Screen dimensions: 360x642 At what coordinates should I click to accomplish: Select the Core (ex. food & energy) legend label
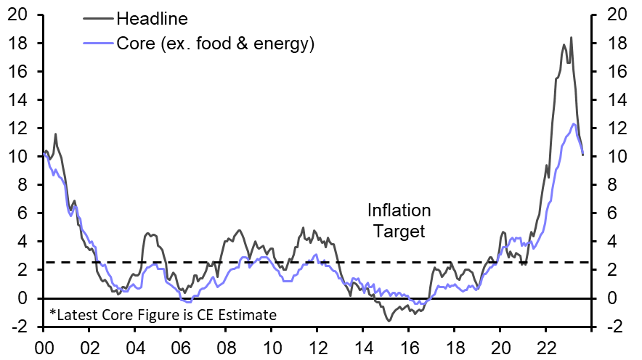point(215,44)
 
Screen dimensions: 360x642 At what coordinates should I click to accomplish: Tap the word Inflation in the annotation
point(399,211)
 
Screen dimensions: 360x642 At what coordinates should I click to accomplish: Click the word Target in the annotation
point(399,232)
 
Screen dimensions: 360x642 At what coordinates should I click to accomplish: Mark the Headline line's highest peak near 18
point(571,38)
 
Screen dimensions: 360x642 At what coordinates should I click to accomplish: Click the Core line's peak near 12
point(574,124)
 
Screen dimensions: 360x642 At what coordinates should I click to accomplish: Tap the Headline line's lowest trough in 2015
point(389,320)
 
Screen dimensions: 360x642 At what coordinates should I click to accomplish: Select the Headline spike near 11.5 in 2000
point(55,134)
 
